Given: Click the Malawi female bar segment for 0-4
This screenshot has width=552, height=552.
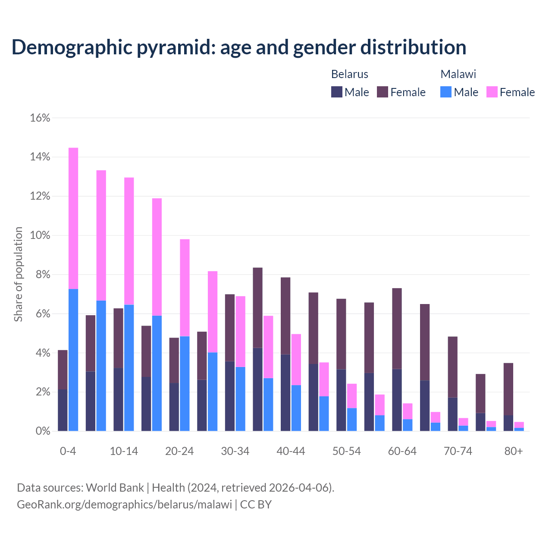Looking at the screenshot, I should point(73,218).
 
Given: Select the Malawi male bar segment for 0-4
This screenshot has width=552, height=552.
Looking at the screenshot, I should point(73,360).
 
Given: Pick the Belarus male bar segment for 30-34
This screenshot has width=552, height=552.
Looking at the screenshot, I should point(230,396).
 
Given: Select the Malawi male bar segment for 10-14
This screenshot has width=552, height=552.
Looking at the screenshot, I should point(129,367).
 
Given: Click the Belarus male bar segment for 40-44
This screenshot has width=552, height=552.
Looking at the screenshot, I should point(285,392).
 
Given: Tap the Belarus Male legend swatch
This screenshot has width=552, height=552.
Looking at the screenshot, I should point(336,92).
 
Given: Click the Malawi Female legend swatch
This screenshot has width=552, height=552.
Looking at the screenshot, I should point(492,92).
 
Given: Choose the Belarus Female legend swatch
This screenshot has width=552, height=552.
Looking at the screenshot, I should point(383,92).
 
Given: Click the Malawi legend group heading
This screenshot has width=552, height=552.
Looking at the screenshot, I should point(458,74).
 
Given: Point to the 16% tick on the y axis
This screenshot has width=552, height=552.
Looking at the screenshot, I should point(40,118).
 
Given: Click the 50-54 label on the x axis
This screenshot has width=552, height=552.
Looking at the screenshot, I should point(346,451).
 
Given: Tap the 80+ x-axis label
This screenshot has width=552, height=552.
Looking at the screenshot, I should point(514,451).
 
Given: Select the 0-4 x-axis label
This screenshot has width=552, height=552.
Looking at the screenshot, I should point(68,451).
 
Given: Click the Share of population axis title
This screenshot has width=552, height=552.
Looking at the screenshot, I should point(19,274).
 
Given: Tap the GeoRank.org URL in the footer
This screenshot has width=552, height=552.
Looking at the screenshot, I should point(124,504).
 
